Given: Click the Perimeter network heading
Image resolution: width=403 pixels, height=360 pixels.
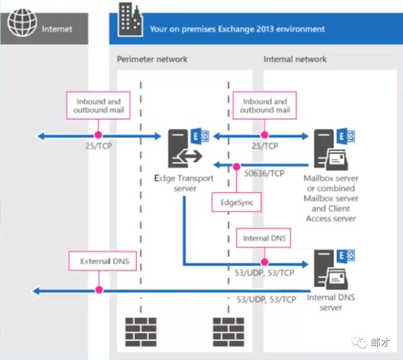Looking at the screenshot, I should pos(152,59).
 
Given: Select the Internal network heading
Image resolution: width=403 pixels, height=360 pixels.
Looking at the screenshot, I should pos(295,59).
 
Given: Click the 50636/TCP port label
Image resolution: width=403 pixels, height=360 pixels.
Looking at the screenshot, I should pos(264,173).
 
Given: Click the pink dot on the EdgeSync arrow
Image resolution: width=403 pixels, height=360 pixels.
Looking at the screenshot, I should pos(236,166).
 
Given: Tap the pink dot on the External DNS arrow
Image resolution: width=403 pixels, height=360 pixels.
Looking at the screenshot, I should pos(99,290).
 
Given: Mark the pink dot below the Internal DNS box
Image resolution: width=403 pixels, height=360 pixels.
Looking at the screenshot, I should pos(264,262).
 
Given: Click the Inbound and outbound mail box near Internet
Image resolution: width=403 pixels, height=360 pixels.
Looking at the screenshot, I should pos(98,105).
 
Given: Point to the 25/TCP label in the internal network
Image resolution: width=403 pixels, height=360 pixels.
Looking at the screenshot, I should pos(264,146).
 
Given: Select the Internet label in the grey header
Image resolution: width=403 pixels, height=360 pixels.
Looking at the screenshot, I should pos(57,29).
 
